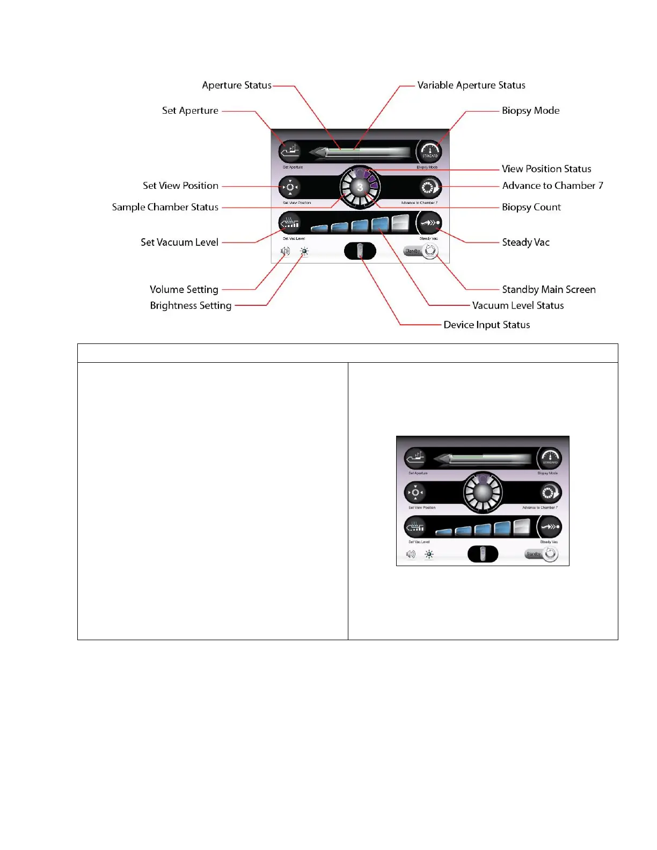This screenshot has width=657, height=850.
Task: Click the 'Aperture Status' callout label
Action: coord(237,85)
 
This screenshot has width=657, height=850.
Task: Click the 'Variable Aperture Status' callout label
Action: coord(471,85)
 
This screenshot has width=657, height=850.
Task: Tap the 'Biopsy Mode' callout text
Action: coord(530,111)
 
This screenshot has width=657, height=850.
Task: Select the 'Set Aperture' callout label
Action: coord(190,111)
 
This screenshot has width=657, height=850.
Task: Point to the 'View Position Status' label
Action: coord(546,169)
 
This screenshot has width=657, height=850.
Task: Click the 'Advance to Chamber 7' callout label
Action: coord(552,186)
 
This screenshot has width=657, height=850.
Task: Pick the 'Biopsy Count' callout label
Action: coord(531,207)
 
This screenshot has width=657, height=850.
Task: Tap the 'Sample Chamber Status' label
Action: coord(165,207)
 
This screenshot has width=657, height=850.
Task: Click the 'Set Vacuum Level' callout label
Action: coord(179,243)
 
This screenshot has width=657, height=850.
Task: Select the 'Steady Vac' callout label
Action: coord(525,243)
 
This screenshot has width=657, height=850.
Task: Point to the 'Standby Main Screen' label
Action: coord(549,290)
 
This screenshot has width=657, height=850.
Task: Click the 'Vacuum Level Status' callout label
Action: coord(518,306)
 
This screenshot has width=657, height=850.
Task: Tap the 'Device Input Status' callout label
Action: coord(486,325)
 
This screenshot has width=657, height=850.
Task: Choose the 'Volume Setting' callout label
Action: coord(184,290)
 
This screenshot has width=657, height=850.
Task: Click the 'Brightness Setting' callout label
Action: coord(191,306)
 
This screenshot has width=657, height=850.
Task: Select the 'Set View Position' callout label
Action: coord(180,186)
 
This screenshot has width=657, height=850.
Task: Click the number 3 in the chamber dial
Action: coord(360,187)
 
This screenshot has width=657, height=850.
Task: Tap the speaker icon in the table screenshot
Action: coord(411,554)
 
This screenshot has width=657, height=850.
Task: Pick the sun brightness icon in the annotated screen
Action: coord(304,251)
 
